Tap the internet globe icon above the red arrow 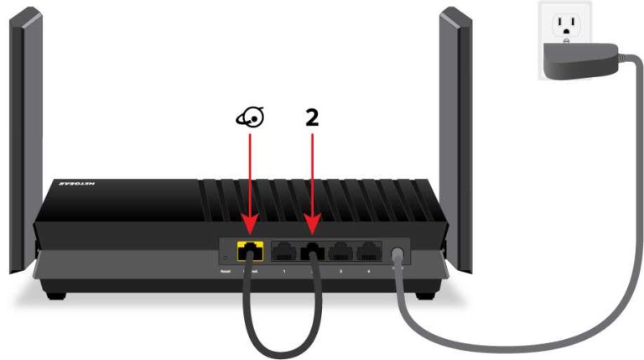pyautogui.click(x=248, y=119)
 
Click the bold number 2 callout pyautogui.click(x=312, y=118)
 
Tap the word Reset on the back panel pyautogui.click(x=225, y=271)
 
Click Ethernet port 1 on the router pyautogui.click(x=283, y=249)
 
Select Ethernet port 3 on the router pyautogui.click(x=340, y=249)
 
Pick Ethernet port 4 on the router pyautogui.click(x=366, y=249)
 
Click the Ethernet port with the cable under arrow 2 pyautogui.click(x=313, y=249)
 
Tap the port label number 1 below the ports pyautogui.click(x=283, y=271)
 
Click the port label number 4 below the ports pyautogui.click(x=366, y=271)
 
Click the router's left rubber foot pyautogui.click(x=55, y=294)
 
